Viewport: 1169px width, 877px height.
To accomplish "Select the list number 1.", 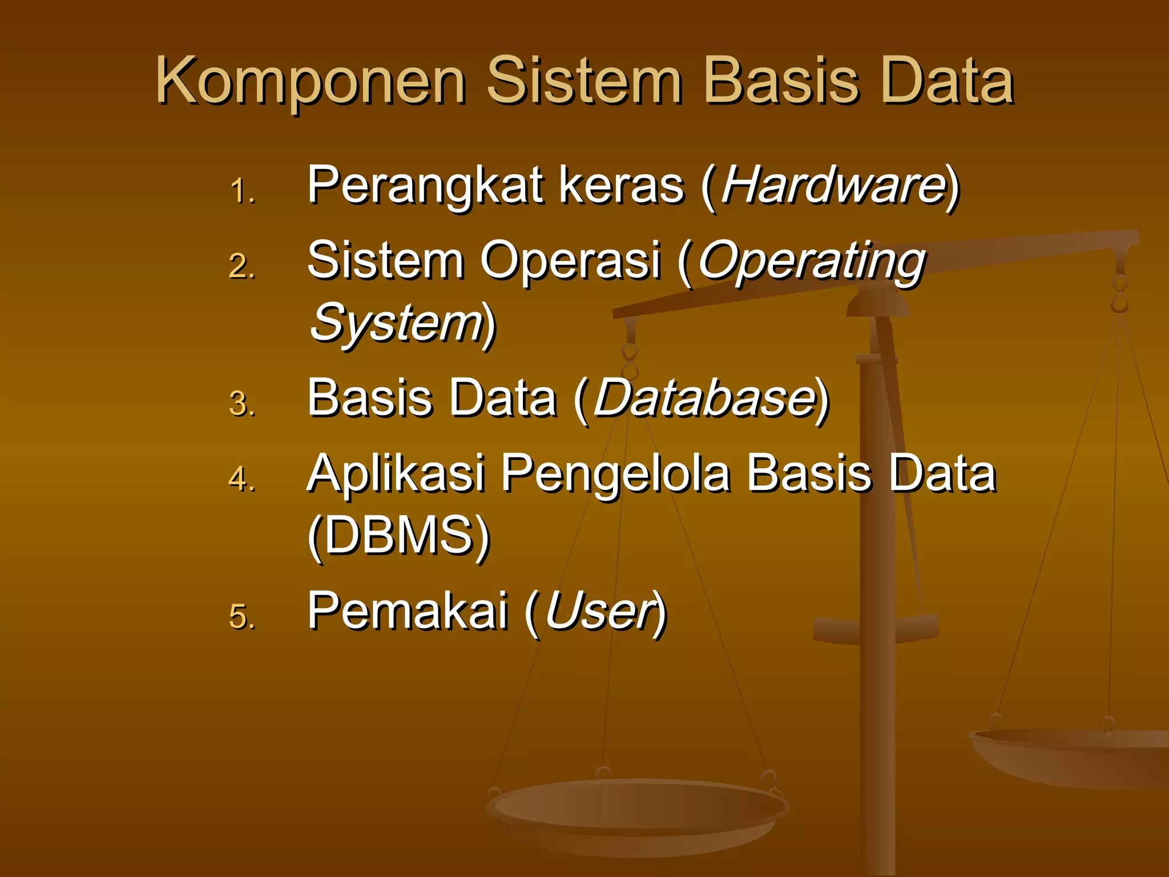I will click(x=241, y=191).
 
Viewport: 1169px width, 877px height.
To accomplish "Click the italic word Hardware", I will click(x=832, y=185).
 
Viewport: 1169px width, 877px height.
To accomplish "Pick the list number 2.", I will click(x=241, y=266).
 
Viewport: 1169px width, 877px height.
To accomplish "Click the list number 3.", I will click(x=241, y=404).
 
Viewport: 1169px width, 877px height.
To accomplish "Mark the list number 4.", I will click(x=241, y=478).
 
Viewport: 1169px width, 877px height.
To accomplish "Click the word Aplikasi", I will click(x=396, y=473).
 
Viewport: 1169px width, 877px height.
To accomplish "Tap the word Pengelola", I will click(x=615, y=473).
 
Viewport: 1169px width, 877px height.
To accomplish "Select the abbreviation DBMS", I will click(x=398, y=535).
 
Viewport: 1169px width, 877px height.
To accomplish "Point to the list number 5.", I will click(x=241, y=617).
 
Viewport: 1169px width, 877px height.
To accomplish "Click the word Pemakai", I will click(x=408, y=611).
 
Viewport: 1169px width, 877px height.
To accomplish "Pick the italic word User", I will click(x=598, y=611).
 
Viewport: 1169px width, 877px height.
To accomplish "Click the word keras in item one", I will click(x=621, y=185).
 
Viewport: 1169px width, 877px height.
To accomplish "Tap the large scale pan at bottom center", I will click(x=638, y=811).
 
